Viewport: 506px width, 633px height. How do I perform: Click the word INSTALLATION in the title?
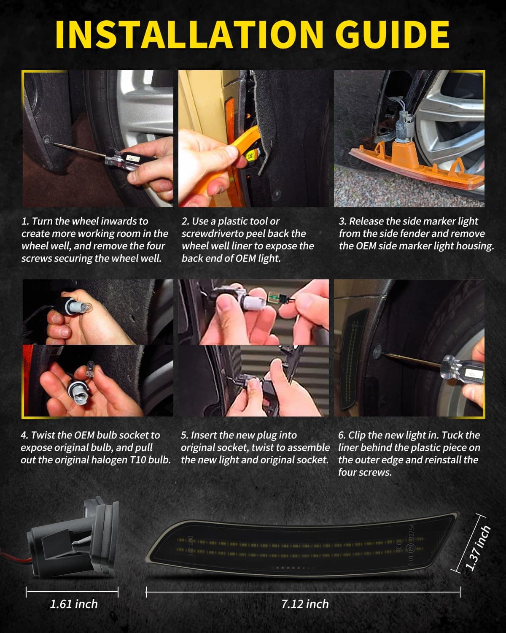[189, 35]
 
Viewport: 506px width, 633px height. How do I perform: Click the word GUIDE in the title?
[393, 35]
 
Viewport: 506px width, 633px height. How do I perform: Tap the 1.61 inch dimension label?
[74, 604]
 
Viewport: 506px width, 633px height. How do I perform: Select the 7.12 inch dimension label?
[305, 604]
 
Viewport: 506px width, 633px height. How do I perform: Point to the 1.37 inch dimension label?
[478, 548]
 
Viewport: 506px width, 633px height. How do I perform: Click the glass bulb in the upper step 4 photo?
[85, 308]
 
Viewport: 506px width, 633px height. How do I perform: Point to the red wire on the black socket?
[15, 557]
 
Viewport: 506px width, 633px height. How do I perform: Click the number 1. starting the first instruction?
[25, 222]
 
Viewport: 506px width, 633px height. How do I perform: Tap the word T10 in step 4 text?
[138, 460]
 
